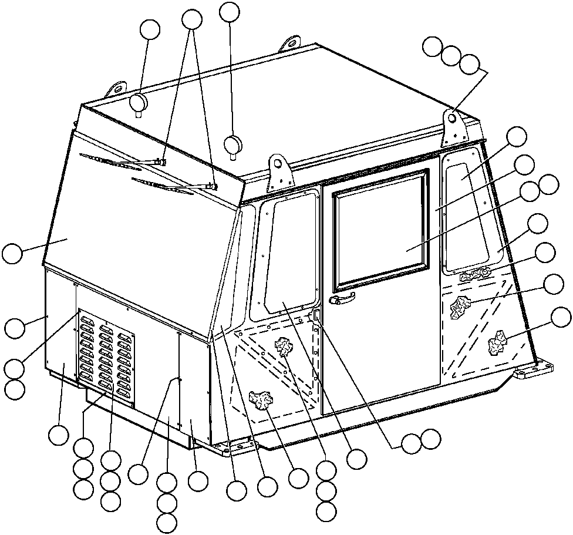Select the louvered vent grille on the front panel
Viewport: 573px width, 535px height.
[106, 359]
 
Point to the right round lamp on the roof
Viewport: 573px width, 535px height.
[234, 144]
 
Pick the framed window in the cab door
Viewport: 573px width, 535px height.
[380, 231]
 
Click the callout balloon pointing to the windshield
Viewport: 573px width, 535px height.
[13, 254]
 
